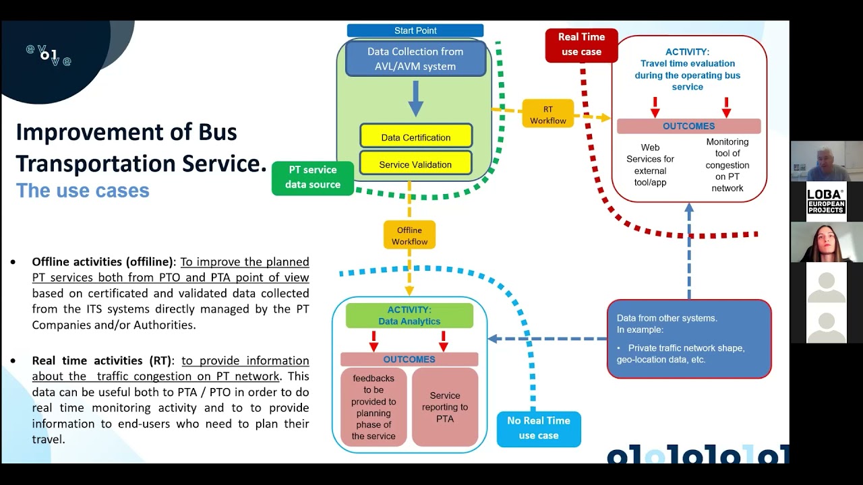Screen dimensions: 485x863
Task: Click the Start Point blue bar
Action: point(415,30)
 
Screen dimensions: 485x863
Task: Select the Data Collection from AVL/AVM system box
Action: point(415,59)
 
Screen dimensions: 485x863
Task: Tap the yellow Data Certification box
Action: point(415,137)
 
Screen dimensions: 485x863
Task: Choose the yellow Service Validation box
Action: point(415,164)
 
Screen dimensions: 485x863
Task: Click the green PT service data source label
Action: point(313,177)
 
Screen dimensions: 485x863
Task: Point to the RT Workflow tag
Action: point(547,115)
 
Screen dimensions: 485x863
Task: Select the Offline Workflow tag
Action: point(409,235)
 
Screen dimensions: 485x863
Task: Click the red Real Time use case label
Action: point(581,44)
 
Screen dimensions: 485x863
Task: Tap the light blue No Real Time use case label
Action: point(539,428)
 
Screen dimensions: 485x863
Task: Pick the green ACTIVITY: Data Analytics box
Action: point(409,315)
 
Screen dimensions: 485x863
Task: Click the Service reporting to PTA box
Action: point(445,407)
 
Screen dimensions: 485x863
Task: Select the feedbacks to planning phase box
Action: point(373,407)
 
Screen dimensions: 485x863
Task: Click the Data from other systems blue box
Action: point(689,338)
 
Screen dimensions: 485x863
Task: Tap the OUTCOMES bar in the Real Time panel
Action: point(688,126)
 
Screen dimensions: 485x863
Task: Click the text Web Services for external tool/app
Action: point(650,164)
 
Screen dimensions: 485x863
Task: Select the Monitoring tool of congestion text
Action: point(727,164)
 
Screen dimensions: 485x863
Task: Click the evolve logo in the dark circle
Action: point(49,55)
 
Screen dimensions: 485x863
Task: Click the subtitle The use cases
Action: point(82,190)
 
